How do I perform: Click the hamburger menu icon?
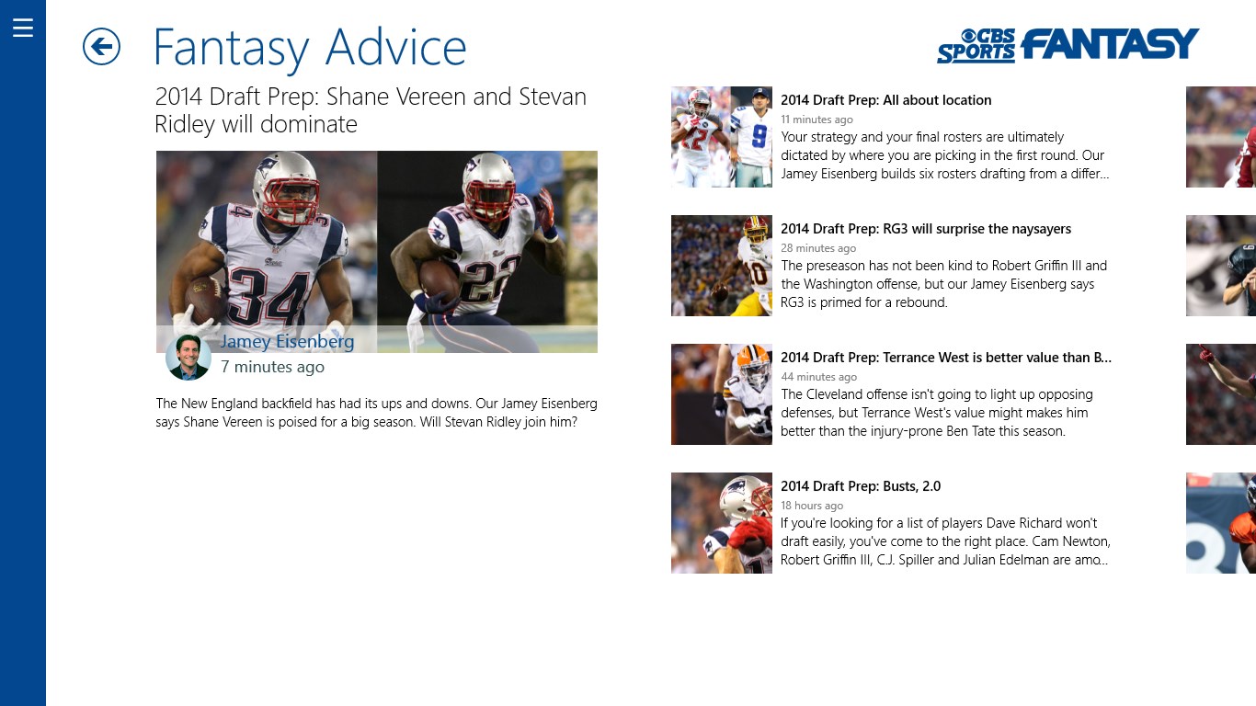click(23, 27)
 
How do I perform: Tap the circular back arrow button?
click(101, 47)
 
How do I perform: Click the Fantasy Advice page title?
click(310, 48)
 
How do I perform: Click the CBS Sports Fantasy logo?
click(1068, 45)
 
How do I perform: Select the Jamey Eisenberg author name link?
click(287, 341)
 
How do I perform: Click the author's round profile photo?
click(188, 358)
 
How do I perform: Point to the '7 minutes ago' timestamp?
click(272, 367)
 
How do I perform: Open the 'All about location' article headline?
click(886, 100)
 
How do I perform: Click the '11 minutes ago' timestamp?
click(816, 120)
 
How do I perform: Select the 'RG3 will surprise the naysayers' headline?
click(926, 229)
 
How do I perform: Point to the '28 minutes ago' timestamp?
click(818, 248)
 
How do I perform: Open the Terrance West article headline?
click(946, 358)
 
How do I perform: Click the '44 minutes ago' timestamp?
click(818, 377)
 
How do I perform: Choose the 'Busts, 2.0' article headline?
click(861, 486)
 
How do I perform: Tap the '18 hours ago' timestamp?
click(812, 506)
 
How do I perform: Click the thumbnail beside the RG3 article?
click(722, 266)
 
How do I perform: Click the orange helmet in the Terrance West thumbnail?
click(752, 362)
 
